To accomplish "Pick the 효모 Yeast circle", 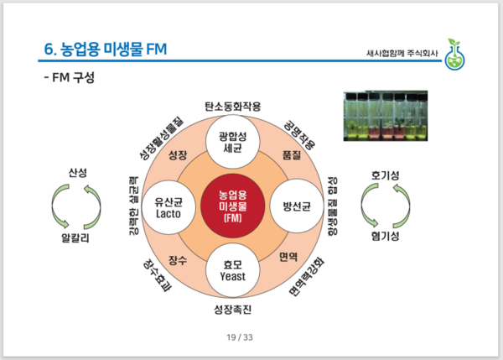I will [x=233, y=269].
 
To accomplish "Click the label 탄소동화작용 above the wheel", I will [x=233, y=107].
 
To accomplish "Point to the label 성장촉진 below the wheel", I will [x=233, y=310].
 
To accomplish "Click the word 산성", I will [x=78, y=174].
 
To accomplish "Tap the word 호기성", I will [x=385, y=175].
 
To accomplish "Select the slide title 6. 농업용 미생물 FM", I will [x=104, y=50].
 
